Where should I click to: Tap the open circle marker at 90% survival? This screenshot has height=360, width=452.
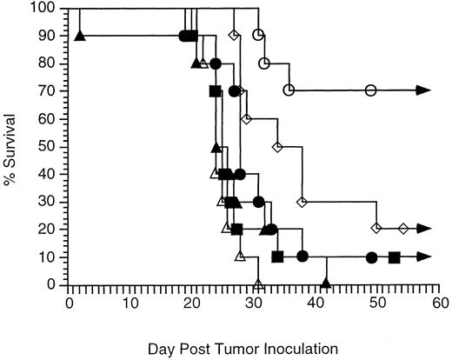tap(258, 36)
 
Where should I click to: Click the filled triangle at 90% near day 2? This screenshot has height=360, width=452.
tap(80, 36)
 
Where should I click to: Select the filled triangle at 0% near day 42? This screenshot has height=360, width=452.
tap(326, 283)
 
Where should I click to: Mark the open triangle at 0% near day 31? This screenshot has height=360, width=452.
tap(258, 283)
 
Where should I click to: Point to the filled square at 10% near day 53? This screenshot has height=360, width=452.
tap(395, 257)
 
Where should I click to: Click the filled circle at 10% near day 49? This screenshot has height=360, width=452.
tap(371, 257)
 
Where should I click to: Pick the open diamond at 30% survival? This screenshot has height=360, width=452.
tap(302, 202)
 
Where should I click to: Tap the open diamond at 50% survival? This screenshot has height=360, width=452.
tap(277, 146)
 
